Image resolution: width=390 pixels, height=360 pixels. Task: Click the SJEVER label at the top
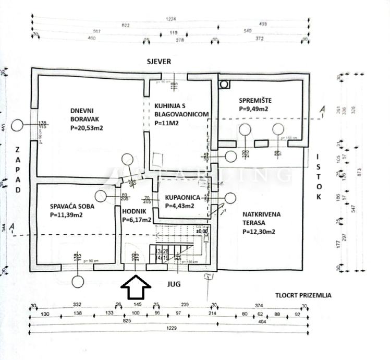click(159, 62)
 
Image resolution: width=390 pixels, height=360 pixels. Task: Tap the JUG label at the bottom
click(175, 285)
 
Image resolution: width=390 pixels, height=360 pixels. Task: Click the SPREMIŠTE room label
click(255, 100)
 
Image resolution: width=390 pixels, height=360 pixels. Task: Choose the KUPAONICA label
click(182, 198)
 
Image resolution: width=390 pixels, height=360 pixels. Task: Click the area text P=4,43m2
click(179, 206)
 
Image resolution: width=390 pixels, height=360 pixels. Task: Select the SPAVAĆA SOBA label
click(72, 206)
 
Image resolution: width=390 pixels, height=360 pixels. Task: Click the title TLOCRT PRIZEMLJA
click(304, 295)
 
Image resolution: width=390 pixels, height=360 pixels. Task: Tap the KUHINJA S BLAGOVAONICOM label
click(181, 110)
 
